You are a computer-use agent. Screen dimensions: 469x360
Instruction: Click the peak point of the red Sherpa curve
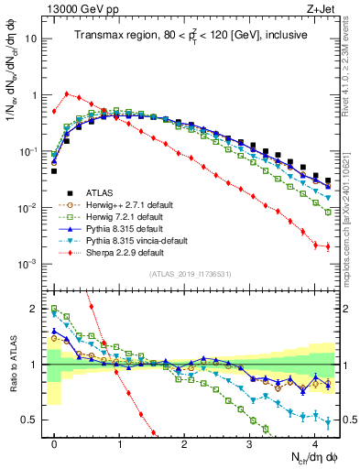pyautogui.click(x=67, y=93)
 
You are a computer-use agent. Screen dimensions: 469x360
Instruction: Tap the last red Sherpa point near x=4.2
pyautogui.click(x=327, y=246)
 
